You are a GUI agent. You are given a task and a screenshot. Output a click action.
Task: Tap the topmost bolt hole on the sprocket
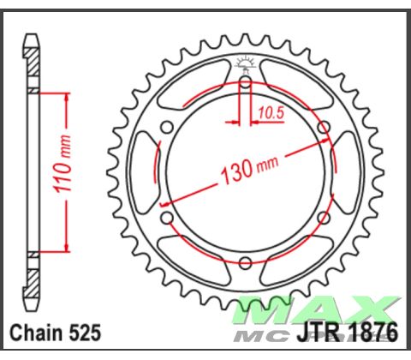coord(245,81)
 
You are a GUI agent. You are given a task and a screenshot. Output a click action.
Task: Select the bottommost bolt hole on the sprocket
coord(245,261)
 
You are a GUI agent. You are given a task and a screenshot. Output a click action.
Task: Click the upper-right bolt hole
coord(324,127)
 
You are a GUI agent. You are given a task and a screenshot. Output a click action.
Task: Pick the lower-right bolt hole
coord(324,217)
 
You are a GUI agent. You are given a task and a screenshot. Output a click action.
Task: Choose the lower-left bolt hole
coord(167,217)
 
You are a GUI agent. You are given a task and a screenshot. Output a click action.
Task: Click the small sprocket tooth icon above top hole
coord(245,62)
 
